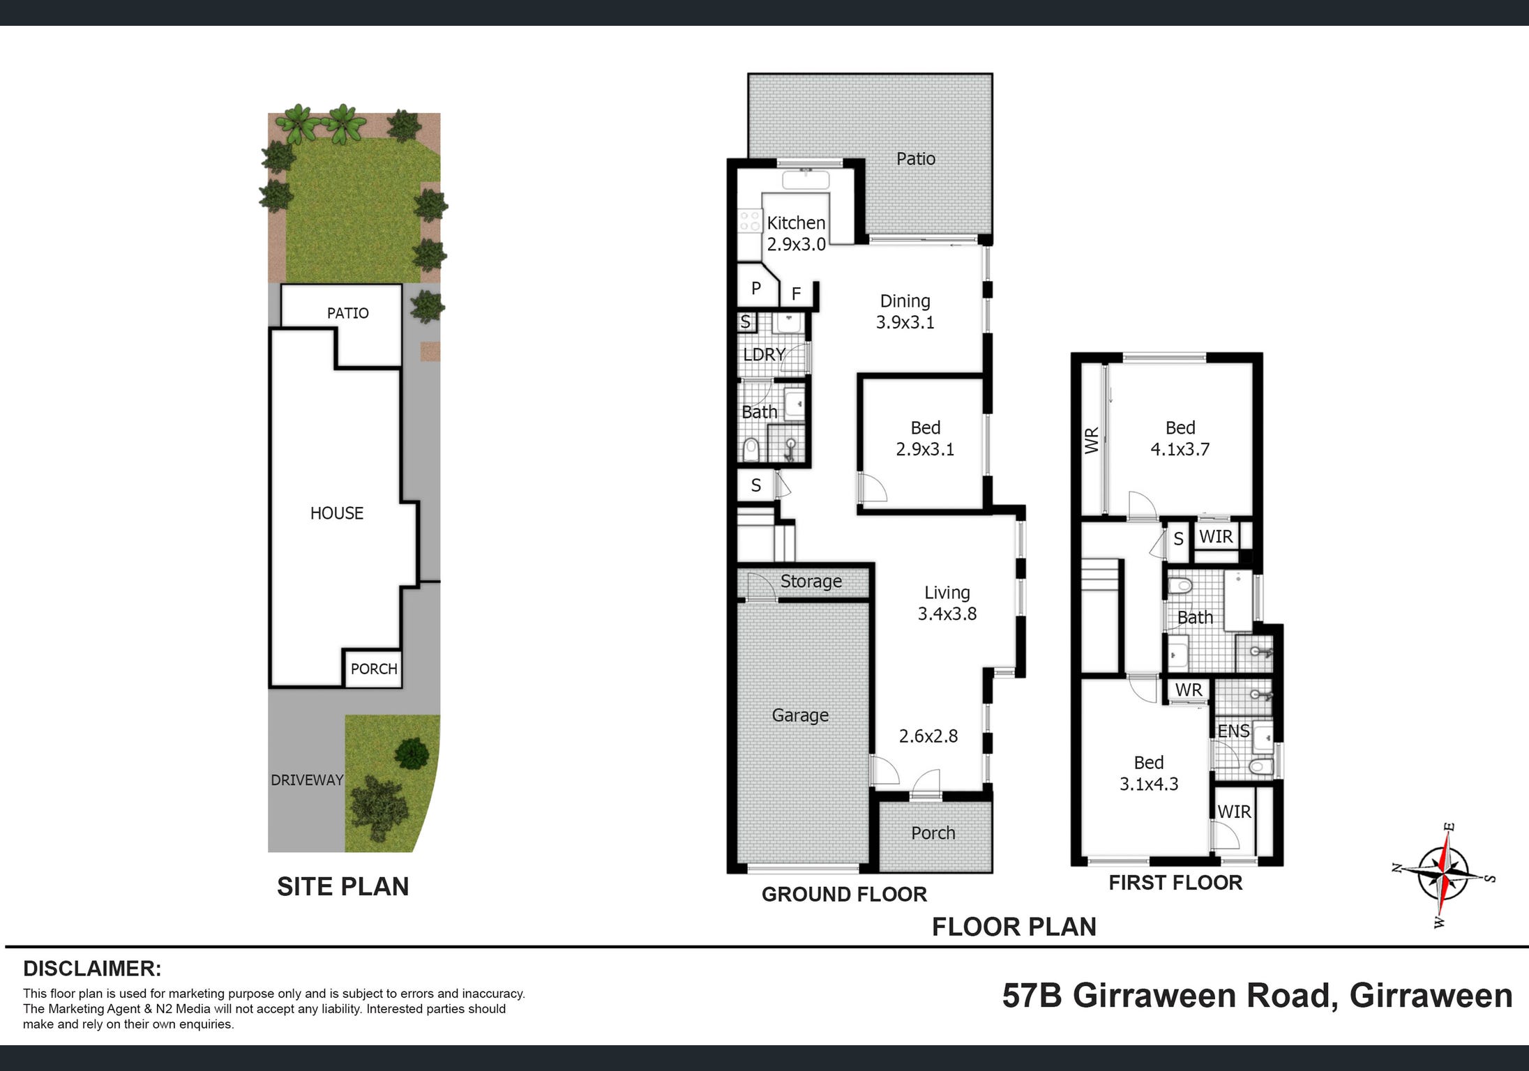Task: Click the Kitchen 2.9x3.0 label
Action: tap(796, 234)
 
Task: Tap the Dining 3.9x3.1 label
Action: tap(905, 312)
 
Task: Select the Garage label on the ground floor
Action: tap(800, 715)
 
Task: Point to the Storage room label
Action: tap(811, 582)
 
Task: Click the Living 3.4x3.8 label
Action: tap(947, 603)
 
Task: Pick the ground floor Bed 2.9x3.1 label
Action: tap(925, 439)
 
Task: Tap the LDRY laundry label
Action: tap(764, 354)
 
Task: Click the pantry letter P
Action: tap(755, 288)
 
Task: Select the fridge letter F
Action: tap(796, 294)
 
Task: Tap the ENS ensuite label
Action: tap(1233, 731)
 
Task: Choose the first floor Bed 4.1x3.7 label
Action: tap(1180, 439)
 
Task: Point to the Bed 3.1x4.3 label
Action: tap(1149, 773)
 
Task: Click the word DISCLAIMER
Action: tap(92, 969)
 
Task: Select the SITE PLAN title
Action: tap(342, 886)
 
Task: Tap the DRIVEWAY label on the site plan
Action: tap(307, 780)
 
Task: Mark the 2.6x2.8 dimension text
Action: tap(928, 736)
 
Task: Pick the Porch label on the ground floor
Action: tap(933, 833)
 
